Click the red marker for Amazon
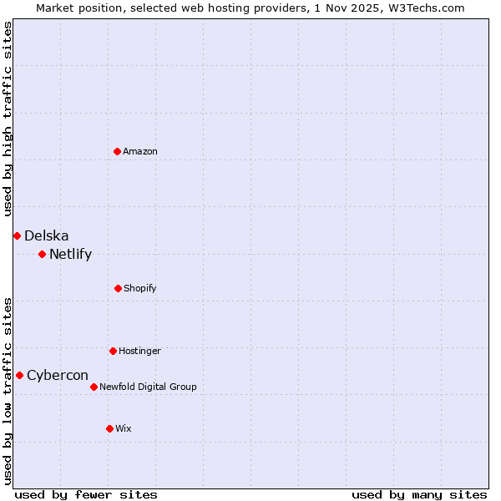pyautogui.click(x=117, y=151)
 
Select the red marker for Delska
pyautogui.click(x=17, y=235)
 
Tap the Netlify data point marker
pyautogui.click(x=42, y=254)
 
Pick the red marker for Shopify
pyautogui.click(x=118, y=288)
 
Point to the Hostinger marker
pyautogui.click(x=113, y=351)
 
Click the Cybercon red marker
pyautogui.click(x=19, y=375)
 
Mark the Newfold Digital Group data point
pyautogui.click(x=94, y=387)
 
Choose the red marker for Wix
pyautogui.click(x=109, y=428)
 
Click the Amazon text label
pyautogui.click(x=140, y=151)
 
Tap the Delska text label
pyautogui.click(x=47, y=235)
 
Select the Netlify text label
pyautogui.click(x=71, y=254)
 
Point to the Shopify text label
pyautogui.click(x=140, y=288)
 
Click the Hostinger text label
pyautogui.click(x=139, y=351)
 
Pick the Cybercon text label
pyautogui.click(x=58, y=375)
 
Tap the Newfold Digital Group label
pyautogui.click(x=148, y=387)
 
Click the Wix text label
pyautogui.click(x=124, y=428)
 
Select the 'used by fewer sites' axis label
pyautogui.click(x=86, y=494)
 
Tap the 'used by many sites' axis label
pyautogui.click(x=419, y=494)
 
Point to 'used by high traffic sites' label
pyautogui.click(x=8, y=119)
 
